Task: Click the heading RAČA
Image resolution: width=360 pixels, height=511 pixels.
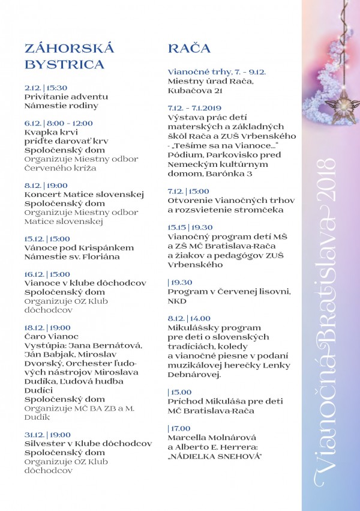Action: pyautogui.click(x=189, y=49)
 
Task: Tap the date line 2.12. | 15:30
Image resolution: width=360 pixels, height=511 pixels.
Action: pyautogui.click(x=46, y=87)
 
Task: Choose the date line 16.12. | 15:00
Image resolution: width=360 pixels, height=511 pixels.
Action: pyautogui.click(x=47, y=274)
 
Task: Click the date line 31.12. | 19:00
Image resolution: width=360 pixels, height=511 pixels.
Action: pyautogui.click(x=47, y=435)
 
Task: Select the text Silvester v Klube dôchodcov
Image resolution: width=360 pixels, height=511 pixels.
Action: pyautogui.click(x=88, y=444)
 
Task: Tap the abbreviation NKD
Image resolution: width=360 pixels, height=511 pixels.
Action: pyautogui.click(x=177, y=300)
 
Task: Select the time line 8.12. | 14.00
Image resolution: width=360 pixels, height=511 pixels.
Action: pyautogui.click(x=189, y=318)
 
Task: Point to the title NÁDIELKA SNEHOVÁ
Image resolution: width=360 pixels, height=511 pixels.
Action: pyautogui.click(x=217, y=456)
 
